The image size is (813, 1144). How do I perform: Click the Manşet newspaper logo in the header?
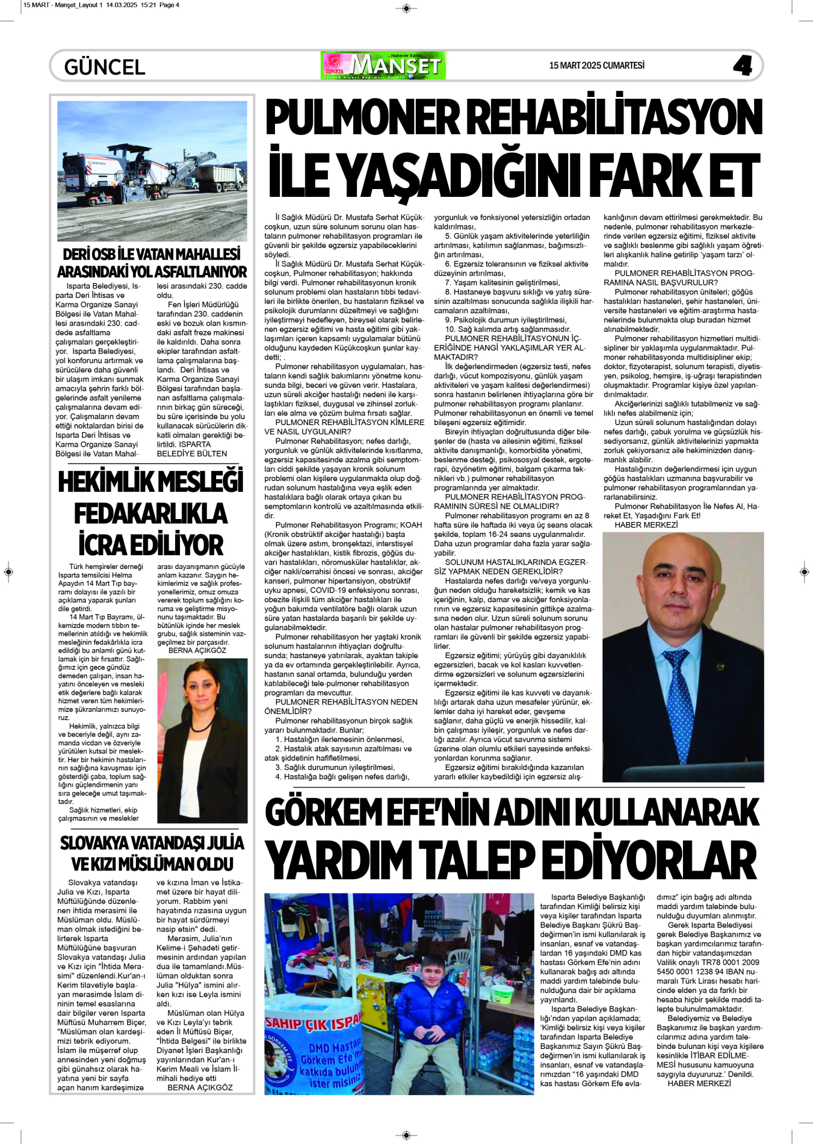383,65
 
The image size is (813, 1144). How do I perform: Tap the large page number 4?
743,65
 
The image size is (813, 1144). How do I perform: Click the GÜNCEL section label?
105,67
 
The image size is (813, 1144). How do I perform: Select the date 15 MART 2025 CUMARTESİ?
596,66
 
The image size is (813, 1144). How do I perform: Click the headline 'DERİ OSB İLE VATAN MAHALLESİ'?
152,254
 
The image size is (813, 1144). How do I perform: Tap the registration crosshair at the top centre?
406,8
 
